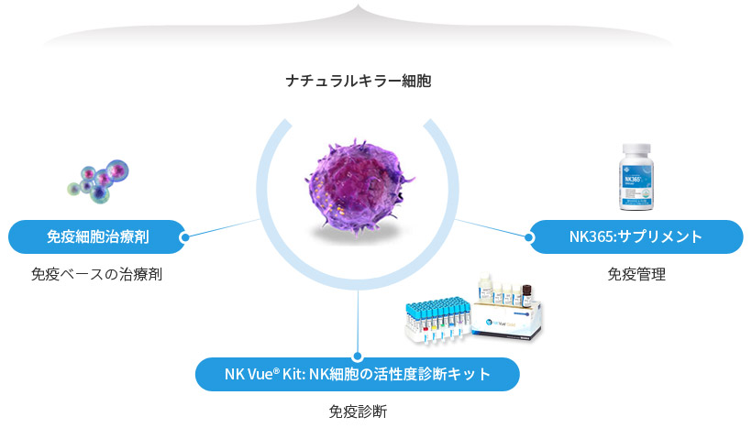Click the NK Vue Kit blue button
(358, 374)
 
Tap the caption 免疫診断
(358, 411)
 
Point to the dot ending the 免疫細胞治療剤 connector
(185, 237)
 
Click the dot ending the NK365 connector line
(530, 236)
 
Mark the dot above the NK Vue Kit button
(358, 357)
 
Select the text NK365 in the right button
(587, 236)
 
